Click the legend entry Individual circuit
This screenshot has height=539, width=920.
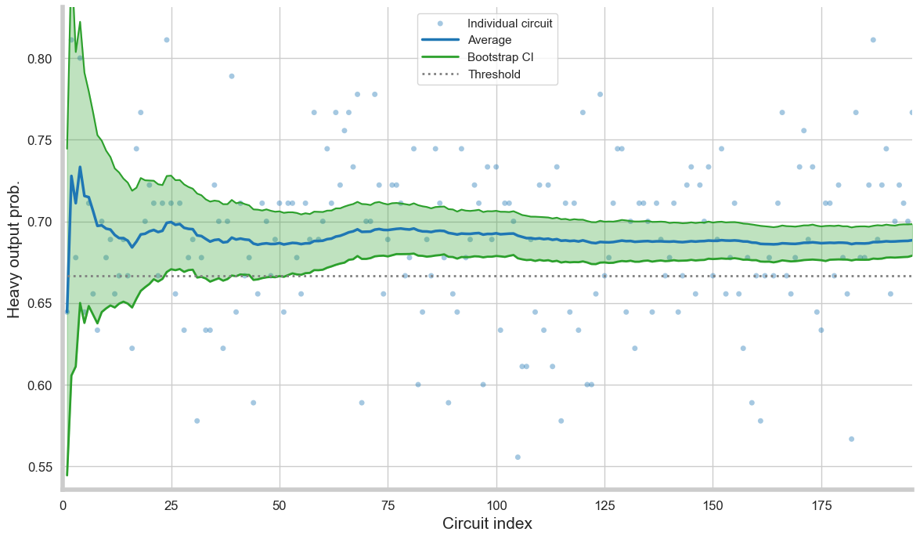[x=510, y=24]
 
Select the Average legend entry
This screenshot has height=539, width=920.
[x=489, y=40]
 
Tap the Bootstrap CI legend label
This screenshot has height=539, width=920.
[x=500, y=57]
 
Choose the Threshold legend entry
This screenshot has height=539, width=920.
[x=494, y=74]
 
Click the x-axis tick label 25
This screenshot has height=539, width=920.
[x=171, y=505]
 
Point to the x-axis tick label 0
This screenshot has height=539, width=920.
[x=63, y=505]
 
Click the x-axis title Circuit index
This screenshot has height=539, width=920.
[x=487, y=524]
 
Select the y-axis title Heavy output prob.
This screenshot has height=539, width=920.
[x=15, y=248]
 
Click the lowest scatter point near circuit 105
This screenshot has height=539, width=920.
[x=518, y=457]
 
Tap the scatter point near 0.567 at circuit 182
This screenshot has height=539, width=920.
[x=851, y=439]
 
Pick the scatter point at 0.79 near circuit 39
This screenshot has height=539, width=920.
[x=232, y=76]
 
